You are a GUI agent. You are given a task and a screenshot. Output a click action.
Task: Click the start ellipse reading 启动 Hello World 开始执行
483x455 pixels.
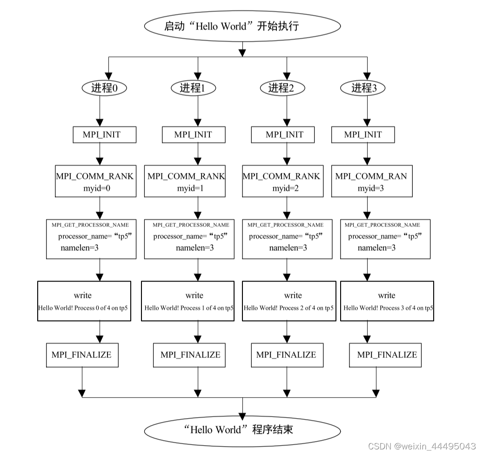(242, 26)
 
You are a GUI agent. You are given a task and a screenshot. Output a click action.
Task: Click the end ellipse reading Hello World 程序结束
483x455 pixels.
(242, 429)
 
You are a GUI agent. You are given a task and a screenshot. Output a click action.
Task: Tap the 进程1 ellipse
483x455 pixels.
(193, 88)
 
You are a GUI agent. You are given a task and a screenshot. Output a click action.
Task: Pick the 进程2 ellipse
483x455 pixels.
(281, 88)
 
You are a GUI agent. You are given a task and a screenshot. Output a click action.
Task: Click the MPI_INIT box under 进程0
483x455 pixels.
(105, 135)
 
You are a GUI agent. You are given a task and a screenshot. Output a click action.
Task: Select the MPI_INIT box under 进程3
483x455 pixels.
(363, 135)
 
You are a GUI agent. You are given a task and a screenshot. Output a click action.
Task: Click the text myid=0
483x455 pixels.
(96, 188)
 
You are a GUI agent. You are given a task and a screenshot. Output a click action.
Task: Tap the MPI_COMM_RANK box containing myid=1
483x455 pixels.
(185, 181)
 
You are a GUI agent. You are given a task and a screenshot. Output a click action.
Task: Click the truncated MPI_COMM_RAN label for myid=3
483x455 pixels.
(371, 176)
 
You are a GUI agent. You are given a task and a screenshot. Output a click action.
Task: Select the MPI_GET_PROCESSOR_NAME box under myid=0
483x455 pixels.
(91, 238)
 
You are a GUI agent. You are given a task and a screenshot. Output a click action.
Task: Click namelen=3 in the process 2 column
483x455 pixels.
(288, 248)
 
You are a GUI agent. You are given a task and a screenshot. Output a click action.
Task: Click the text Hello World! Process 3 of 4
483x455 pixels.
(388, 308)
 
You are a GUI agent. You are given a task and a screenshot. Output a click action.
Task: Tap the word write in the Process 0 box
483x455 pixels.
(83, 295)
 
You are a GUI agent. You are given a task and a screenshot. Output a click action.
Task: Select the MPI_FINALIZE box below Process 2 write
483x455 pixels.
(286, 355)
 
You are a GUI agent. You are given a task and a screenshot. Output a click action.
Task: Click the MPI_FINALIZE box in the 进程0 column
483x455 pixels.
(82, 355)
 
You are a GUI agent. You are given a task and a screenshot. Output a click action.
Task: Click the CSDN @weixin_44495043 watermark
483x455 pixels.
(422, 446)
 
